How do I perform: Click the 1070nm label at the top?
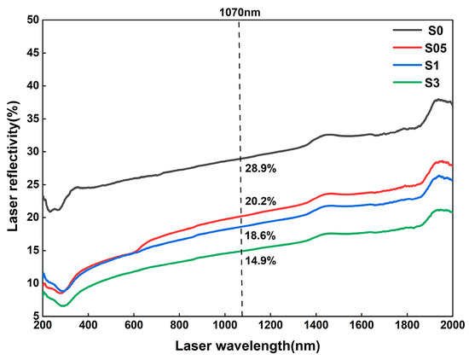239,12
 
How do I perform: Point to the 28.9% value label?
259,169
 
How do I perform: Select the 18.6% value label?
259,235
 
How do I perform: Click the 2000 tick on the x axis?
452,327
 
